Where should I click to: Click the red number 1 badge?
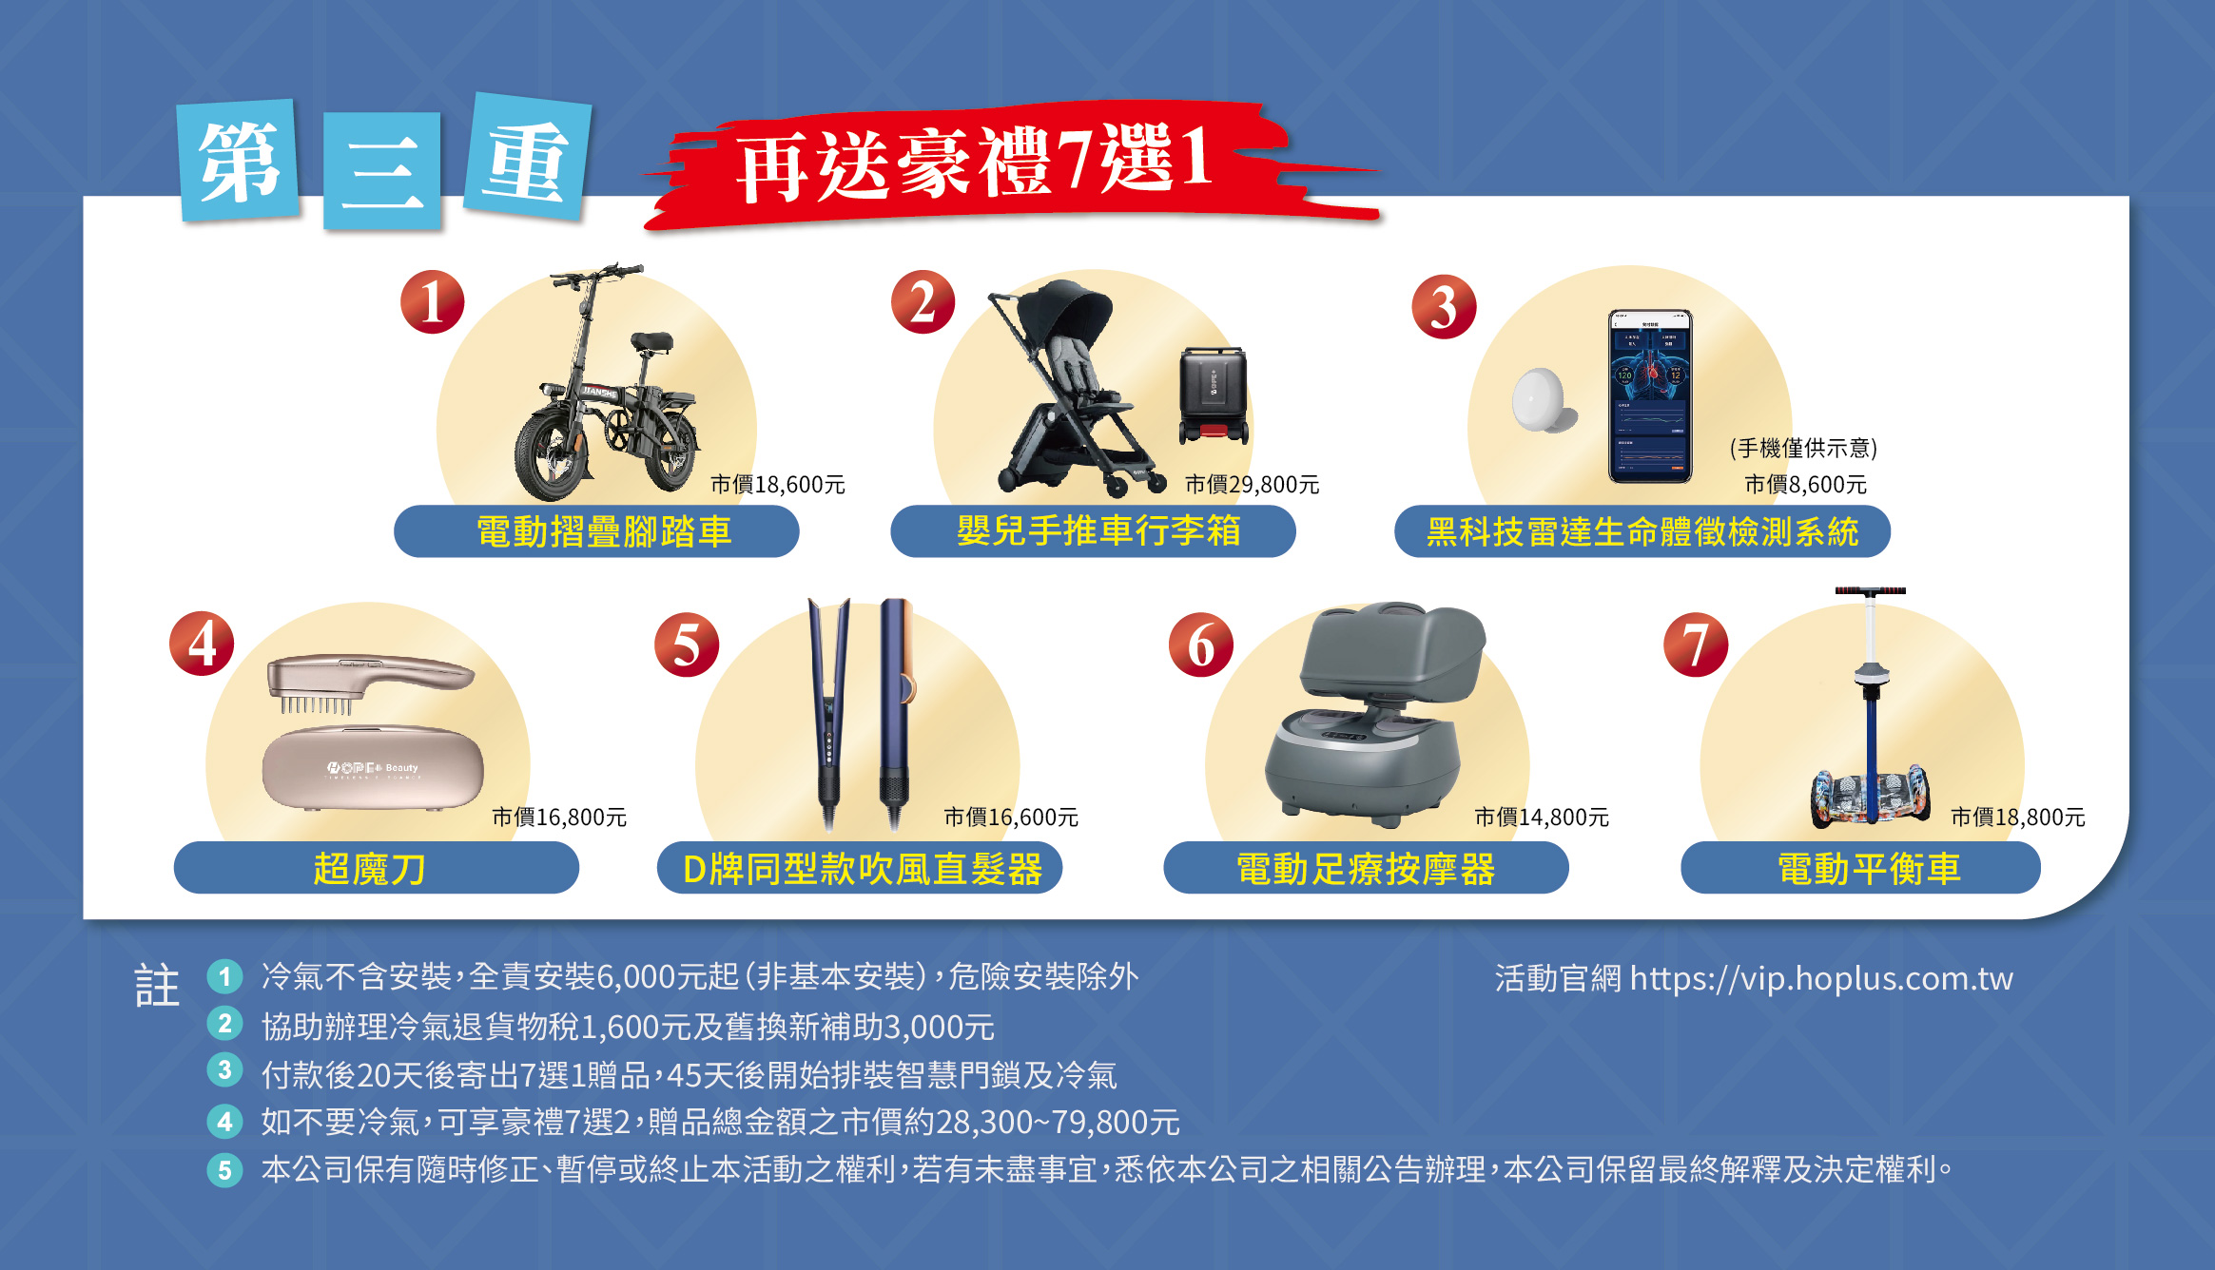coord(433,302)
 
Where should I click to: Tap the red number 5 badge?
coord(687,645)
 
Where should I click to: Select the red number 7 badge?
coord(1696,645)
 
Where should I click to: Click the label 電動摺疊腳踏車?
coord(604,531)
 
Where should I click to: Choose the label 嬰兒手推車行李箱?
coord(1098,530)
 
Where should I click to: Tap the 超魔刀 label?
coord(369,869)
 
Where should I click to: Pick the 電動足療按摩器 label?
coord(1366,869)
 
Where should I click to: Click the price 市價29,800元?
coord(1252,485)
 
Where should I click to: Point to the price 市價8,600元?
coord(1805,485)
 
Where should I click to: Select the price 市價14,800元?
coord(1542,818)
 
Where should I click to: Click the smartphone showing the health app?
coord(1650,395)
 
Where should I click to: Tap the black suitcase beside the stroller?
coord(1214,394)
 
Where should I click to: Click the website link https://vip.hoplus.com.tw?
coord(1821,978)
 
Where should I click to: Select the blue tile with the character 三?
coord(381,171)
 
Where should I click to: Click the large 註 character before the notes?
coord(157,986)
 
